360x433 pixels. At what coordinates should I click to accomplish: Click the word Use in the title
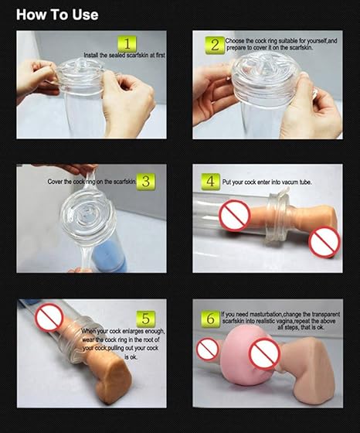(x=85, y=15)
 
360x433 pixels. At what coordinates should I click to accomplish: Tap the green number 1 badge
(x=127, y=43)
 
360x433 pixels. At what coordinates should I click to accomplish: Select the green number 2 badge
(x=215, y=45)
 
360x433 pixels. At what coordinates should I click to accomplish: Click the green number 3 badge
(x=146, y=182)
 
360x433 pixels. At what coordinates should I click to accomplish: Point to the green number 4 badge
(x=210, y=182)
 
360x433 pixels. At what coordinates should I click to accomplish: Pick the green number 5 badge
(x=146, y=319)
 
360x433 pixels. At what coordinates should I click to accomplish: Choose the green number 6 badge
(x=210, y=319)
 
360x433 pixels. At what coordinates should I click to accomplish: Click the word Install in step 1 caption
(x=90, y=55)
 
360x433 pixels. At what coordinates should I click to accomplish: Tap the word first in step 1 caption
(x=160, y=55)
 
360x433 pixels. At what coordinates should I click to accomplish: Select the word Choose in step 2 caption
(x=235, y=41)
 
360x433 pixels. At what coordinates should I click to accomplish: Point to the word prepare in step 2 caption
(x=236, y=48)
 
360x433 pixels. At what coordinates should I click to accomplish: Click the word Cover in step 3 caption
(x=55, y=182)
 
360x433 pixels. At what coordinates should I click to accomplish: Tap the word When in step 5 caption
(x=88, y=331)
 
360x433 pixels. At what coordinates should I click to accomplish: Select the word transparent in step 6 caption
(x=326, y=315)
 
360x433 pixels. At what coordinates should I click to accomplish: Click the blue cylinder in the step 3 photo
(x=110, y=257)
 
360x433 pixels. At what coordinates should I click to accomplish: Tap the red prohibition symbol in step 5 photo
(x=49, y=317)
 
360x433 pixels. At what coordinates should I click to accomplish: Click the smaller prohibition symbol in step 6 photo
(x=208, y=349)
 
